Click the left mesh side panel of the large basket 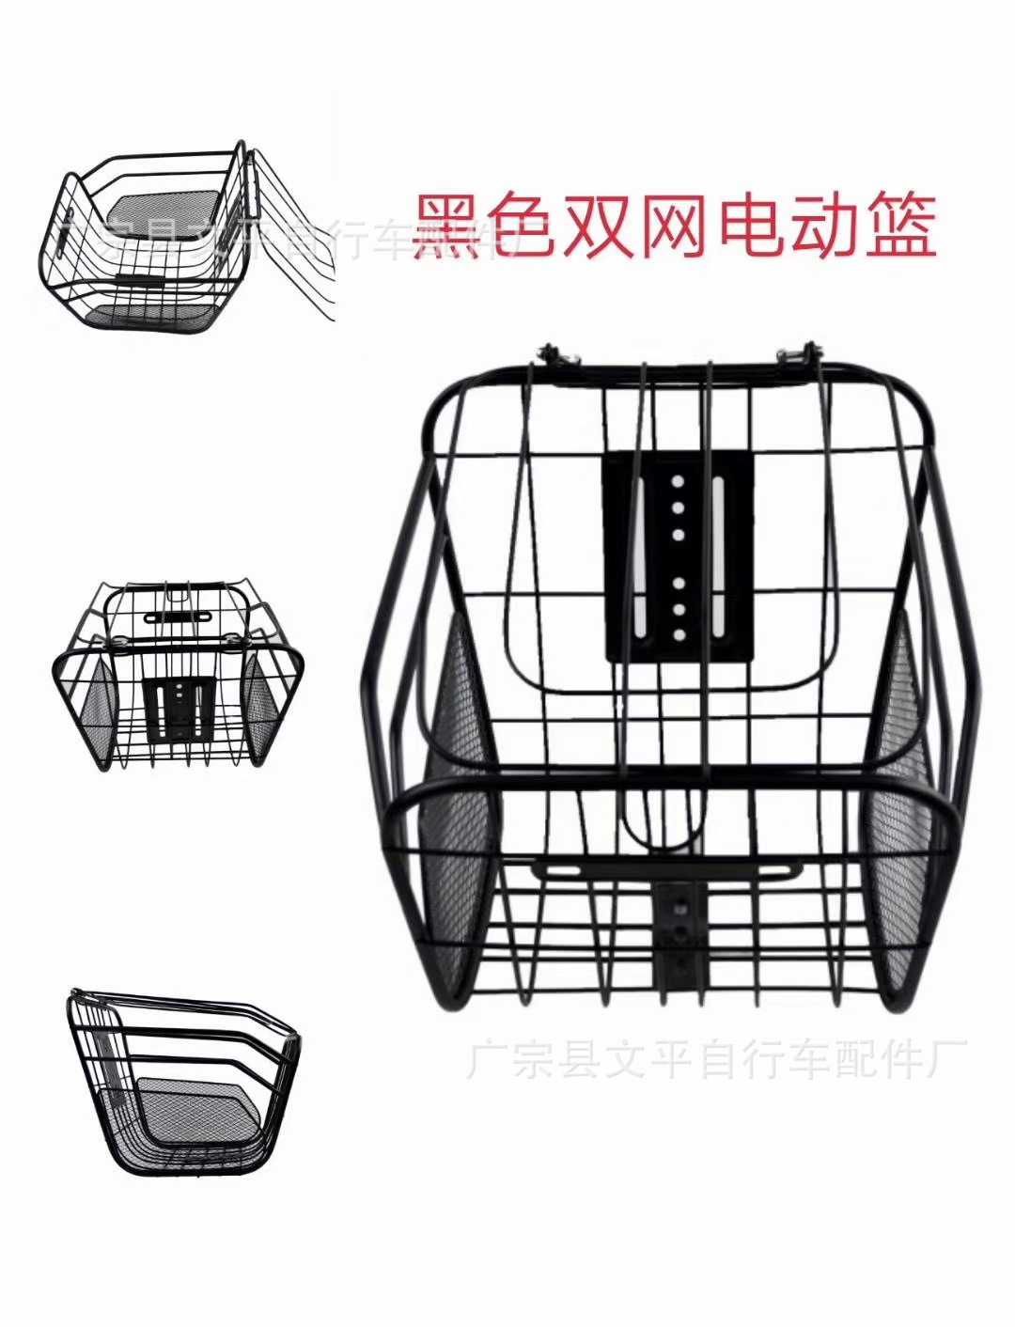point(463,799)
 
